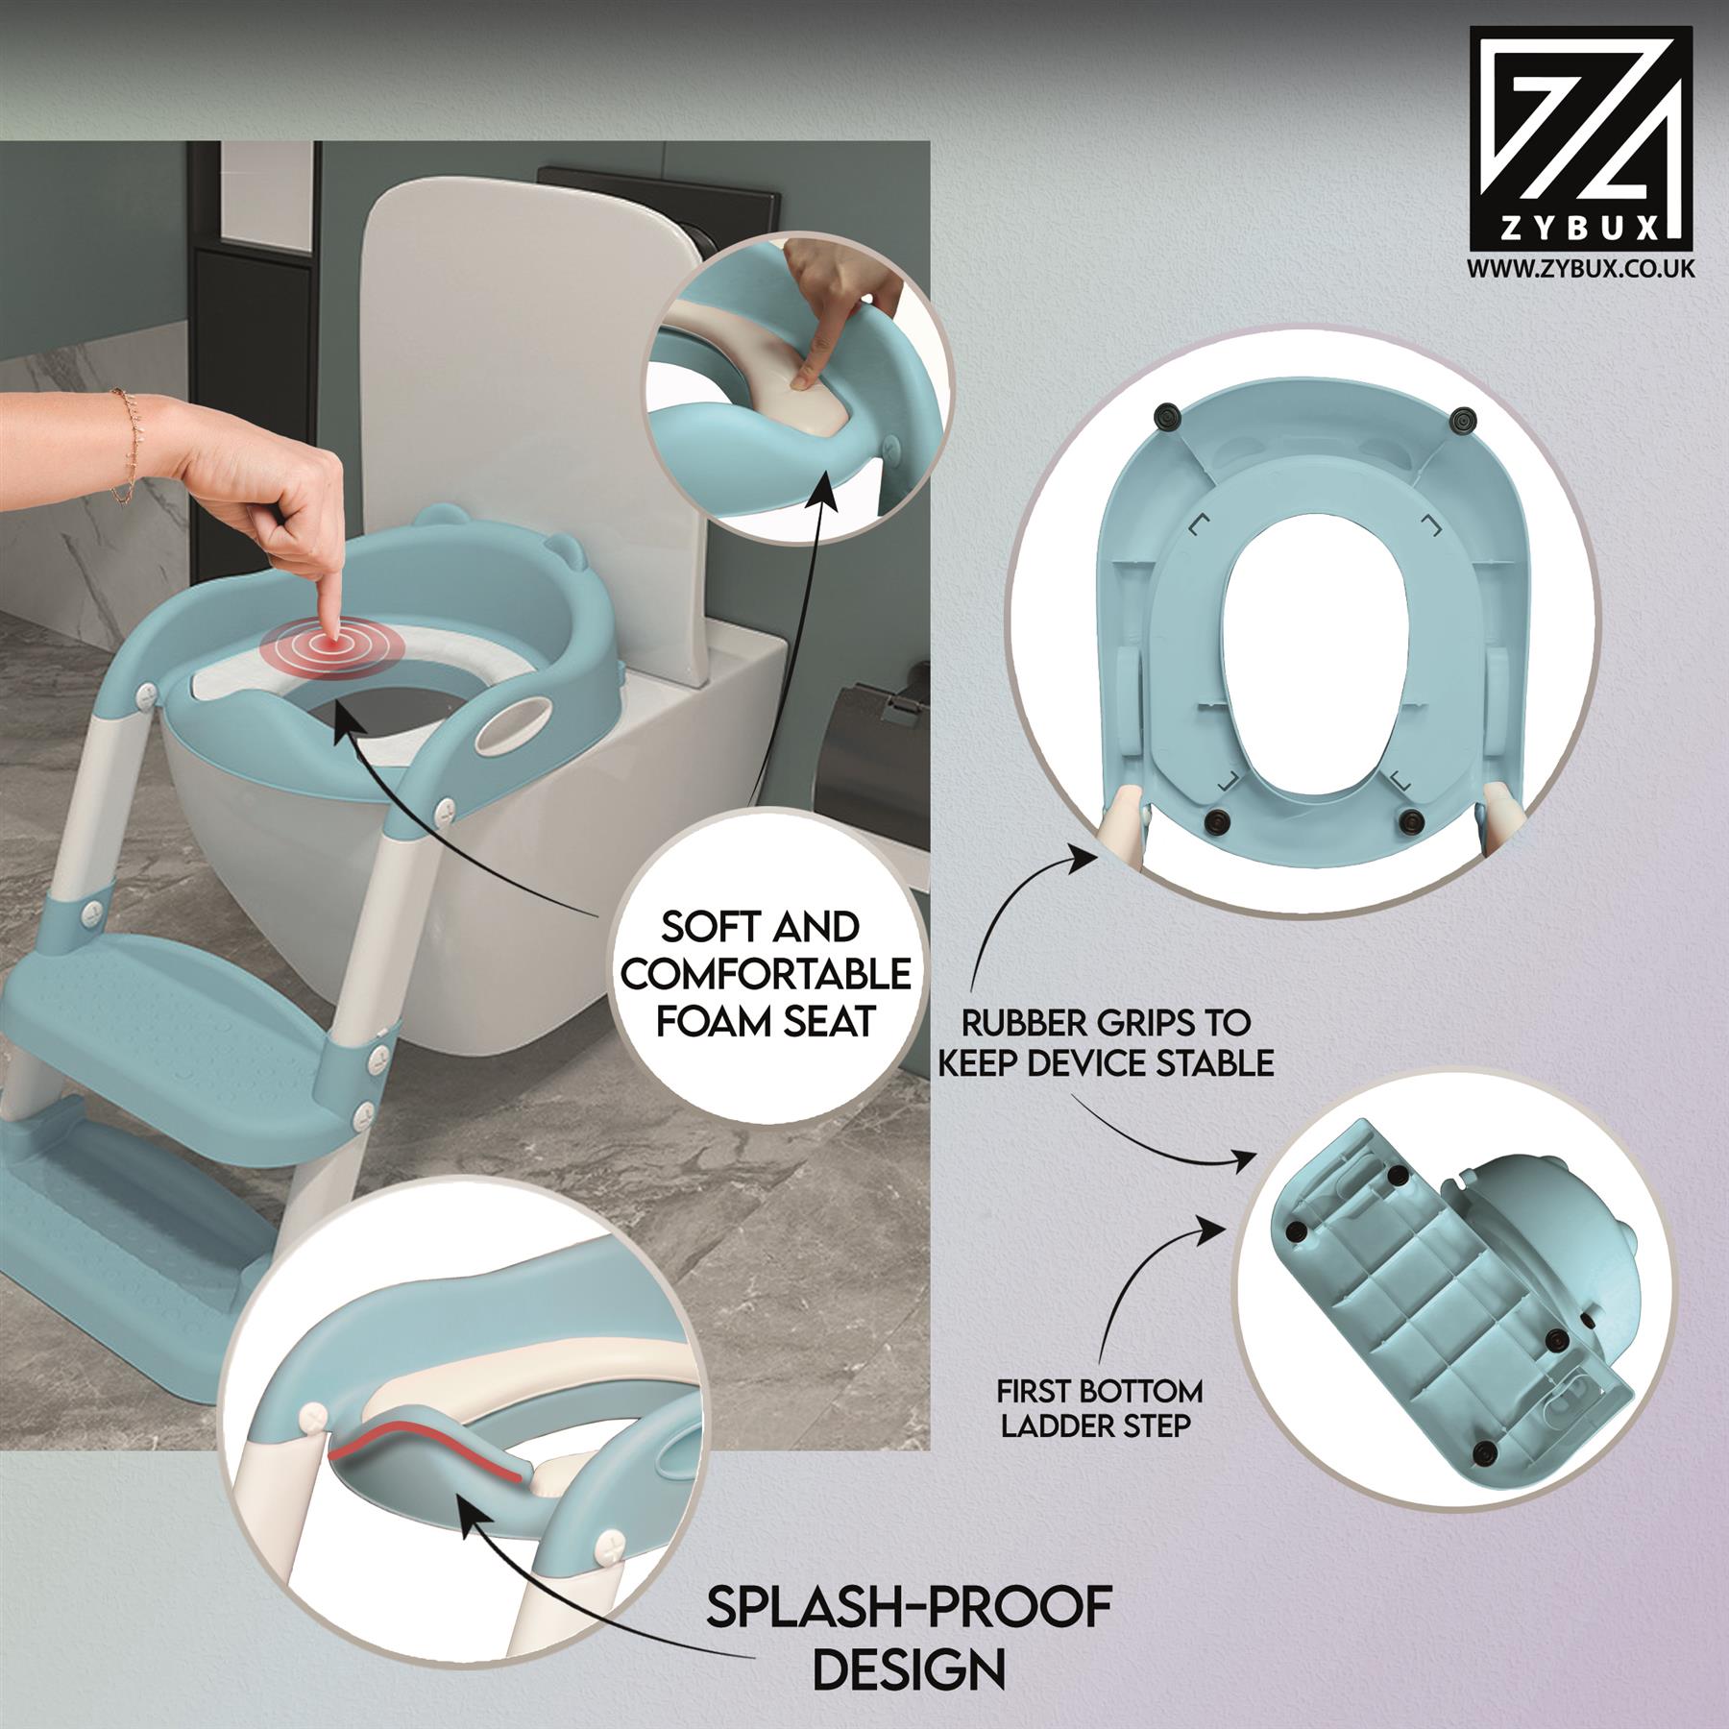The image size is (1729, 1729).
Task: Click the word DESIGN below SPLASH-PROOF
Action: point(909,1667)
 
